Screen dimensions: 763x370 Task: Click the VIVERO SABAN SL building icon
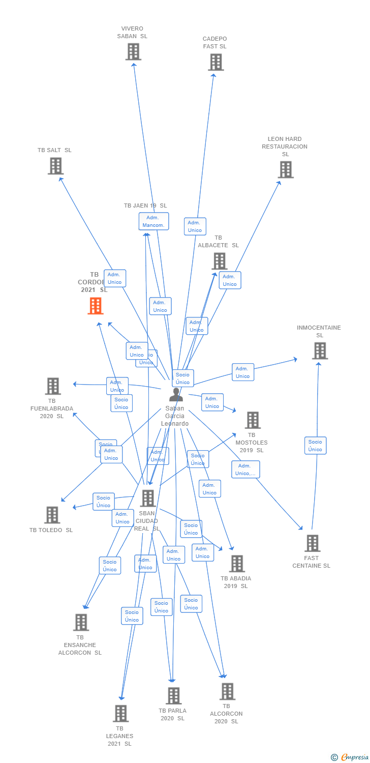point(133,52)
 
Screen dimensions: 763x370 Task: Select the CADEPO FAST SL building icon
point(216,62)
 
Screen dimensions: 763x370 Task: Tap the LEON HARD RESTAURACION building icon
point(286,169)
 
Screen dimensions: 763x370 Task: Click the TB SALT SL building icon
point(55,166)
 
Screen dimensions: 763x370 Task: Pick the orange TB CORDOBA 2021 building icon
point(96,306)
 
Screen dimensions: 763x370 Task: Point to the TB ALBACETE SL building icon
point(219,261)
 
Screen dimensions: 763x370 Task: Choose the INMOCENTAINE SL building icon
point(320,350)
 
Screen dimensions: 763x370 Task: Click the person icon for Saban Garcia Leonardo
point(176,395)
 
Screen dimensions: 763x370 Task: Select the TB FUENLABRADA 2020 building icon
point(53,386)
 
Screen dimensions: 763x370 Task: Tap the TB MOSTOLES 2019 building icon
point(253,420)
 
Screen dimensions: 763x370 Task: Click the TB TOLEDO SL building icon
point(52,515)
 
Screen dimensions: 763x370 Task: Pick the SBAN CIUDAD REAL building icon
point(148,498)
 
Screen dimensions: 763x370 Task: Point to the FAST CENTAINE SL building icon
point(312,543)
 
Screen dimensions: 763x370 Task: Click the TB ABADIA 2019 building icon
point(237,564)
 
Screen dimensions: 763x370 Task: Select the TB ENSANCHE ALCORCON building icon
point(81,622)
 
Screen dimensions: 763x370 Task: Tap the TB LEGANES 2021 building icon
point(120,713)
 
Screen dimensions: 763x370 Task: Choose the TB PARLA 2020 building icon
point(173,695)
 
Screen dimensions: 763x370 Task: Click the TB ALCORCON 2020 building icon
point(227,691)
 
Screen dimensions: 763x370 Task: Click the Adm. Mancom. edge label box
point(153,221)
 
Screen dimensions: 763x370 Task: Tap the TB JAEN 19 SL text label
point(145,206)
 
